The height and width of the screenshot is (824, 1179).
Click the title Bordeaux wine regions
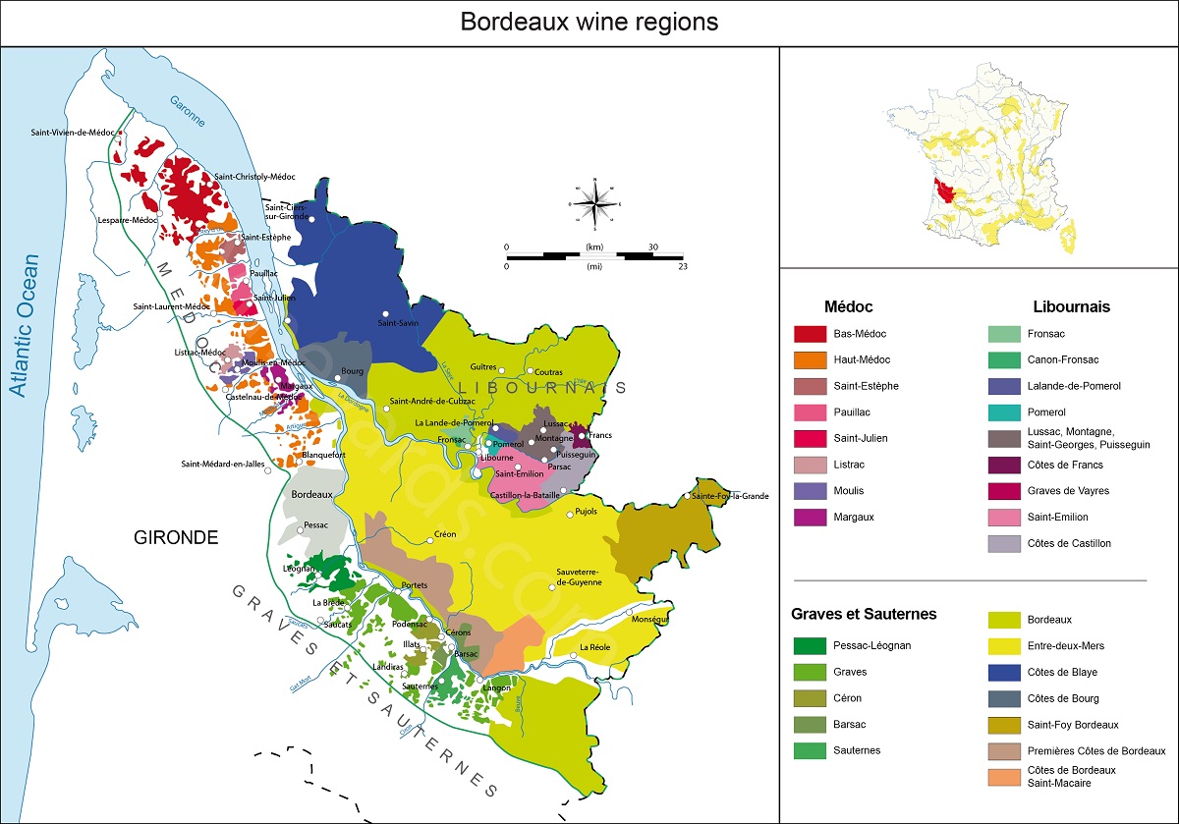(589, 22)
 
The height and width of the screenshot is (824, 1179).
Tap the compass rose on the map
(594, 203)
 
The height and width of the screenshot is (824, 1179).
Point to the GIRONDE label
(177, 536)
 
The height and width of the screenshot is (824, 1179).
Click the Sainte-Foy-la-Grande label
(730, 496)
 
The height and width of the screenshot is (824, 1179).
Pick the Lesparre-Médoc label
(128, 221)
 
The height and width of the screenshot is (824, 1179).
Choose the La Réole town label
(594, 647)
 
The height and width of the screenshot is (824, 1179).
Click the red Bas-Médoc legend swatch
(809, 334)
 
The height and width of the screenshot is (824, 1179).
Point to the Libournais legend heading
(1072, 306)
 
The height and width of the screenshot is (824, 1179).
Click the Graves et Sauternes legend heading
(864, 614)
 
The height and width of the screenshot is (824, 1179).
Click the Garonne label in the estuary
(187, 113)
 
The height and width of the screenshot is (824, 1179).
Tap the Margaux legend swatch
(809, 517)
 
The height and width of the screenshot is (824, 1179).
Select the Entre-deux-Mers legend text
(1065, 646)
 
